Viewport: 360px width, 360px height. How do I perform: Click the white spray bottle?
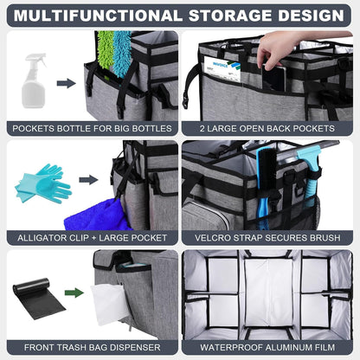click(x=34, y=81)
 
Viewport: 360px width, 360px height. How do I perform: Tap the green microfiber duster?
click(x=106, y=50)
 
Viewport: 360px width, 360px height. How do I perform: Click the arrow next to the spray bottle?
click(x=66, y=83)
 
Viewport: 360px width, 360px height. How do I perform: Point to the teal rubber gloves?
click(x=43, y=183)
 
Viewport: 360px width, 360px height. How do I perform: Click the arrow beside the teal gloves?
click(x=88, y=180)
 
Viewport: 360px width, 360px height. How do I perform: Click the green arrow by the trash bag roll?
click(x=74, y=292)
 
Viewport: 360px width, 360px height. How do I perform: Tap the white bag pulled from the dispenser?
click(x=108, y=304)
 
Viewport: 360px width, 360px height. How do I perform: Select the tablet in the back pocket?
click(x=274, y=78)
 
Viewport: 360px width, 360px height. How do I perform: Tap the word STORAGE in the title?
click(x=230, y=16)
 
